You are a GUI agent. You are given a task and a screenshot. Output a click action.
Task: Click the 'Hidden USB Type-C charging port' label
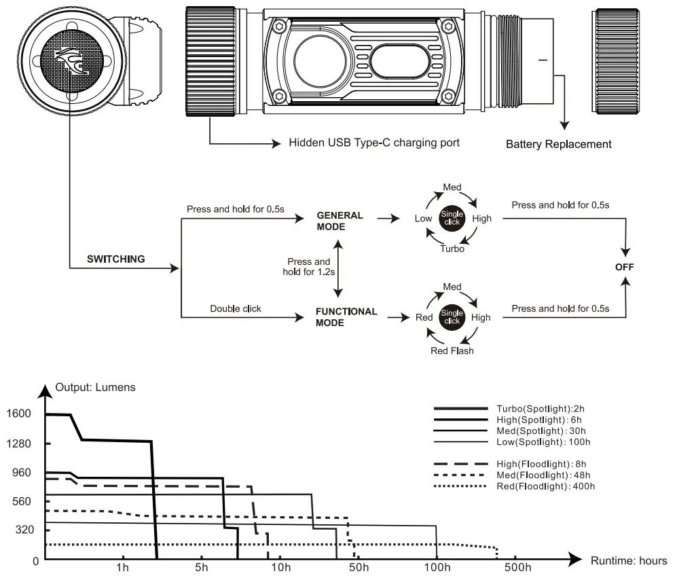pos(374,143)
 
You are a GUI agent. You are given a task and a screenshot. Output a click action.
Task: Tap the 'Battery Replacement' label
pos(559,144)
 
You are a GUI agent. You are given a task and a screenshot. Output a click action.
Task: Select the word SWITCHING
pos(115,259)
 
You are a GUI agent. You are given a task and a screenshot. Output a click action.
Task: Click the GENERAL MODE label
pos(340,221)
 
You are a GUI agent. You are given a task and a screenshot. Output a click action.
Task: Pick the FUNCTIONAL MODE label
pos(346,317)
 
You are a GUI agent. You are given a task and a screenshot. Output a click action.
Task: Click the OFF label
pos(625,267)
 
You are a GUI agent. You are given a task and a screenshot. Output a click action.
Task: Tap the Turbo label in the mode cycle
pos(452,249)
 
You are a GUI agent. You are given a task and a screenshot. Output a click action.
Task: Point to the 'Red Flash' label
pos(452,350)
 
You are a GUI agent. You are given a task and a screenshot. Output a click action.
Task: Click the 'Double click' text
pos(236,309)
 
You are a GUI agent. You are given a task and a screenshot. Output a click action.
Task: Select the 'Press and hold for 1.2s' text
pos(309,267)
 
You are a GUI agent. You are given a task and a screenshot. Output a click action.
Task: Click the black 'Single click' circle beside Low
pos(452,218)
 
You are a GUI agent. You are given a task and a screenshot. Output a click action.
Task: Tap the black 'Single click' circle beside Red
pos(452,317)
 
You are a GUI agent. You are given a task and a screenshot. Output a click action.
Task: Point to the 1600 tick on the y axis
pos(18,414)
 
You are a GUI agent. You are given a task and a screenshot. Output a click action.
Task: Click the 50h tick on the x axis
pos(359,567)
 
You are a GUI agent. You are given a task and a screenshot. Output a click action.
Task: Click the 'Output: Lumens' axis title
pos(96,387)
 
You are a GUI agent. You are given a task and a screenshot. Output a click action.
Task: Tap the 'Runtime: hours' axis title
pos(629,560)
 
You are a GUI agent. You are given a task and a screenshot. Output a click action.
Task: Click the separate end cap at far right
pos(615,61)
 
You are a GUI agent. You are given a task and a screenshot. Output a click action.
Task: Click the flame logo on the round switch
pos(72,60)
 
